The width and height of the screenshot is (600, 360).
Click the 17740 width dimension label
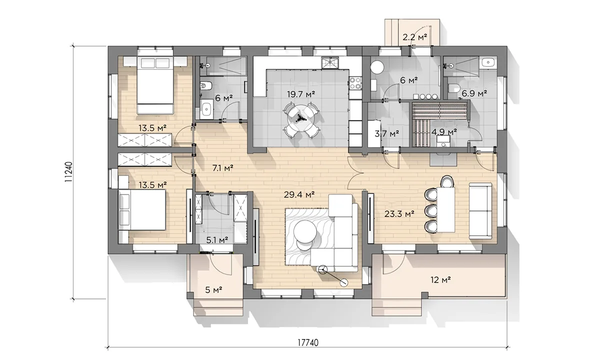pos(308,343)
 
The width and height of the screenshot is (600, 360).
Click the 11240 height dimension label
pos(68,172)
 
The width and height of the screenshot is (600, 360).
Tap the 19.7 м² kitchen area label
pos(301,94)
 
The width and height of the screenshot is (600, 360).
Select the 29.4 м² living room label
pos(299,194)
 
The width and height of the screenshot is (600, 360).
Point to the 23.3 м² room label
pos(399,214)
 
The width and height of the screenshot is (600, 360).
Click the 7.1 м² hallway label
pos(222,168)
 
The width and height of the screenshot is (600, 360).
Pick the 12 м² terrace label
pos(440,280)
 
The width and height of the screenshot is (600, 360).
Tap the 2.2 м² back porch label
pos(414,37)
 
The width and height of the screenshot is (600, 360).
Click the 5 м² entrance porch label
pos(213,290)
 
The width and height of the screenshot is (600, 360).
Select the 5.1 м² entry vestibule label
pos(217,239)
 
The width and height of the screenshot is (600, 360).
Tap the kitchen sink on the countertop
pos(330,62)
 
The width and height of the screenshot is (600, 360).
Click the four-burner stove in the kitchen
pos(355,83)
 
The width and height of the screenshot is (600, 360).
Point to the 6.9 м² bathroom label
pos(474,93)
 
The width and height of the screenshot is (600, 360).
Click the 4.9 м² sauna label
pos(444,132)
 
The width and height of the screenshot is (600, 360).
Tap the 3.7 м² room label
pos(387,133)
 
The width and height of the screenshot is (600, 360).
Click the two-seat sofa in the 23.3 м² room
pos(480,211)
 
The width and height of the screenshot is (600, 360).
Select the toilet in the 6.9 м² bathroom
pos(452,88)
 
